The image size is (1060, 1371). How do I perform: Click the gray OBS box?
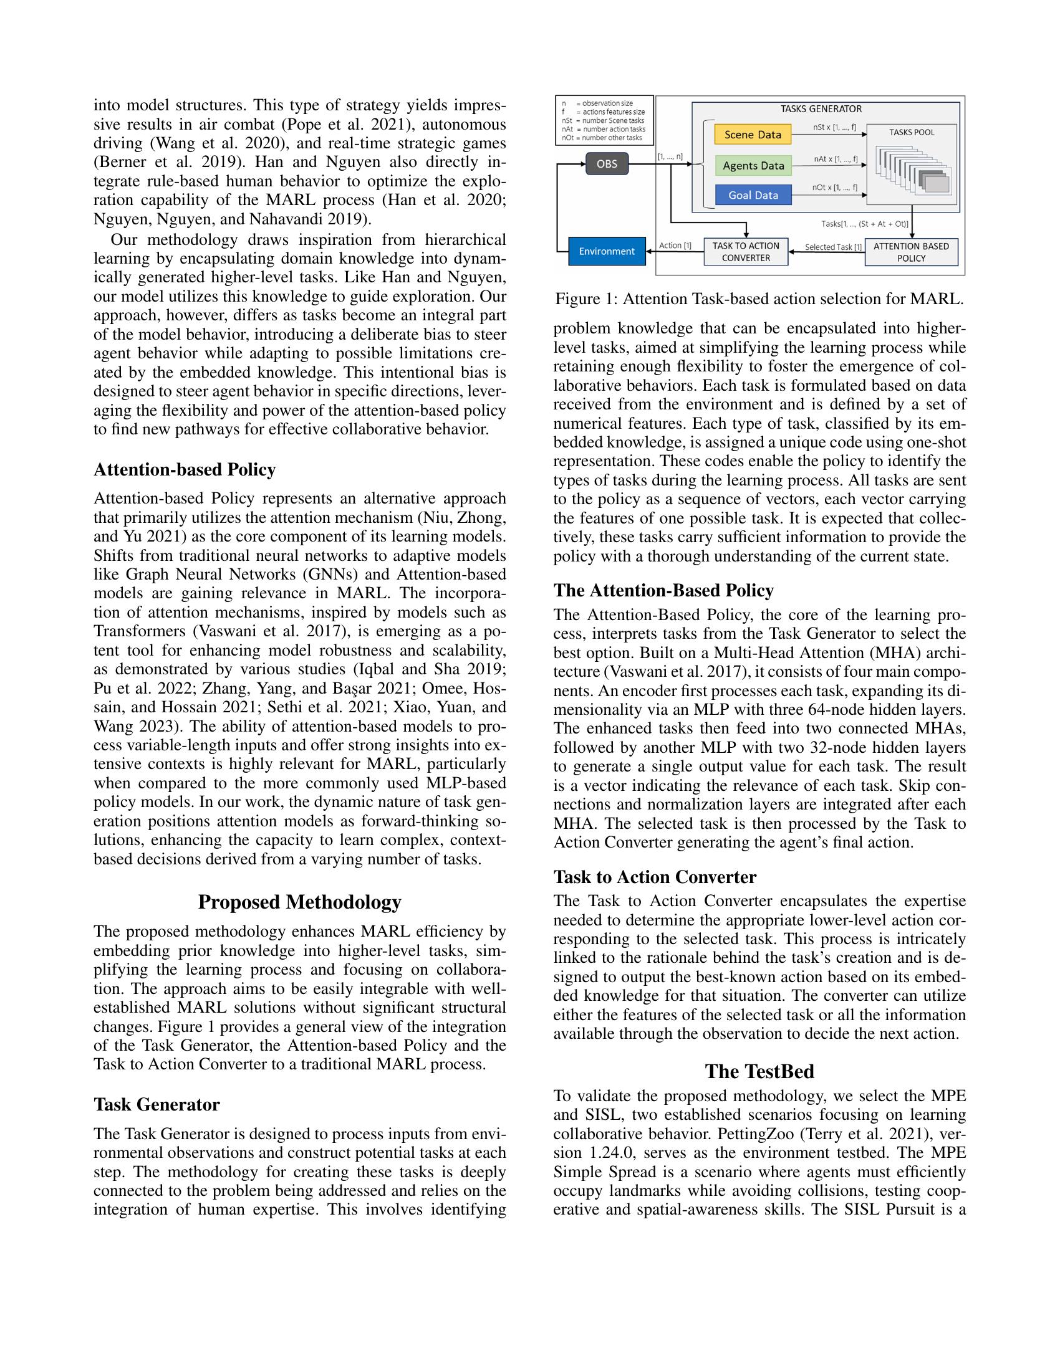[607, 164]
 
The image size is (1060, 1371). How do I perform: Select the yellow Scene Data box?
[753, 135]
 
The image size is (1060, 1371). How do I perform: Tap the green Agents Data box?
[753, 165]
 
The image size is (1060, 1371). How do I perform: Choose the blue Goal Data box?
[753, 195]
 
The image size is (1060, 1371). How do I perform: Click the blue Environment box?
[607, 251]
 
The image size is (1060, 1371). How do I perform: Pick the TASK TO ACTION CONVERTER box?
[745, 252]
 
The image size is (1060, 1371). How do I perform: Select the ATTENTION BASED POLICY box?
[910, 252]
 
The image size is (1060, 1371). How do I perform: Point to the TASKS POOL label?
[911, 133]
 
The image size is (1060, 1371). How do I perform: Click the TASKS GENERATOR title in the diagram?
[821, 109]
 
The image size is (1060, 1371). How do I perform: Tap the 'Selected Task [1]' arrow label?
[832, 247]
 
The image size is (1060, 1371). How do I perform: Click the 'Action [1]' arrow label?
[675, 246]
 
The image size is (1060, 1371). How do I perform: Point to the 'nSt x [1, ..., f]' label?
[834, 127]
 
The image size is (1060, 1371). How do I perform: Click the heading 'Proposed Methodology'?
[299, 902]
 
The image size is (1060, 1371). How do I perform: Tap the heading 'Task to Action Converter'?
[654, 877]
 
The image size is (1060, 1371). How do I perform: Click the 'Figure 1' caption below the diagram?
[759, 299]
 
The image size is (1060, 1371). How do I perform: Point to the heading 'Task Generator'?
[157, 1105]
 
